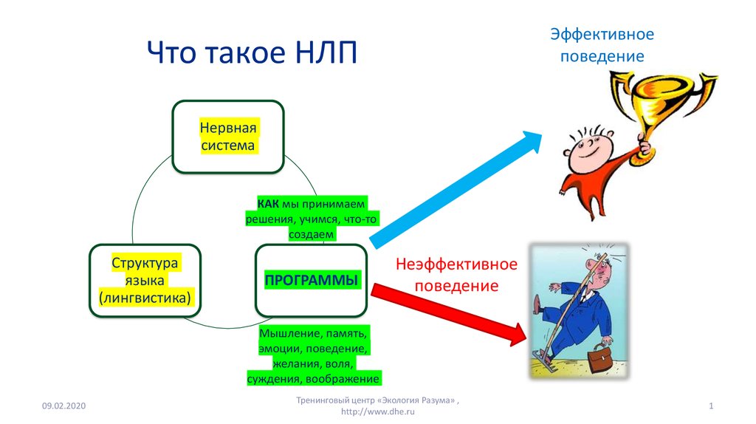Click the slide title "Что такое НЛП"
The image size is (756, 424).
click(252, 52)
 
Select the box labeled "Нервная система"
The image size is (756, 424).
click(228, 137)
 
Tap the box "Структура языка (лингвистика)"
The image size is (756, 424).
click(145, 281)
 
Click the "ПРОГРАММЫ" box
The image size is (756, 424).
click(312, 281)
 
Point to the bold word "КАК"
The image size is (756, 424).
click(268, 204)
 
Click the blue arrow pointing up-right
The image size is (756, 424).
click(456, 189)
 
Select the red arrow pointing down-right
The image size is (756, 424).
click(449, 313)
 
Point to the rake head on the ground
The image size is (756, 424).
click(545, 362)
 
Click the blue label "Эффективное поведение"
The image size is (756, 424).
click(602, 45)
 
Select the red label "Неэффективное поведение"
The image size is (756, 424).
click(456, 275)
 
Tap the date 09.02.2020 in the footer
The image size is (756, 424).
click(63, 406)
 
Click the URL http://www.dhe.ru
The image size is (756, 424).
click(377, 411)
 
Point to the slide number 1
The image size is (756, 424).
click(711, 406)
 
